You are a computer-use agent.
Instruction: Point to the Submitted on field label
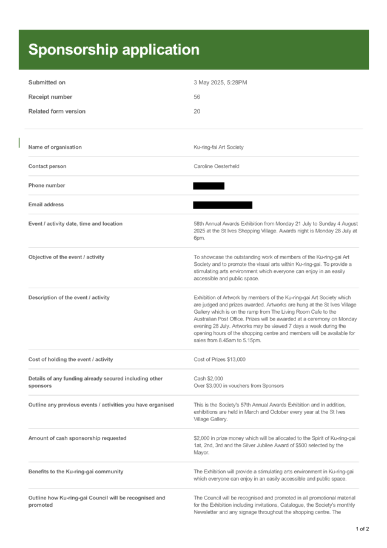point(47,82)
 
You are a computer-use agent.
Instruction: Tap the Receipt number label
point(50,96)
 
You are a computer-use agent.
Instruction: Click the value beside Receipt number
point(197,96)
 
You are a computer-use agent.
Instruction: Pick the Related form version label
point(57,111)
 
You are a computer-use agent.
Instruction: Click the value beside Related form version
point(197,111)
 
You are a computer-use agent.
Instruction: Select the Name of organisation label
point(55,147)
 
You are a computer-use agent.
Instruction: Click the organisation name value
point(218,147)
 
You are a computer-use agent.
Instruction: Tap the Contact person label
point(48,166)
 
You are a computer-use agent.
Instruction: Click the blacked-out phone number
point(208,186)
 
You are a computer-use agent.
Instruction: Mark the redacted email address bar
point(223,205)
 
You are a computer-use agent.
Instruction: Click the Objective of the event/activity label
point(67,257)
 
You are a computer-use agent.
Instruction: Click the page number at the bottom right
point(363,529)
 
